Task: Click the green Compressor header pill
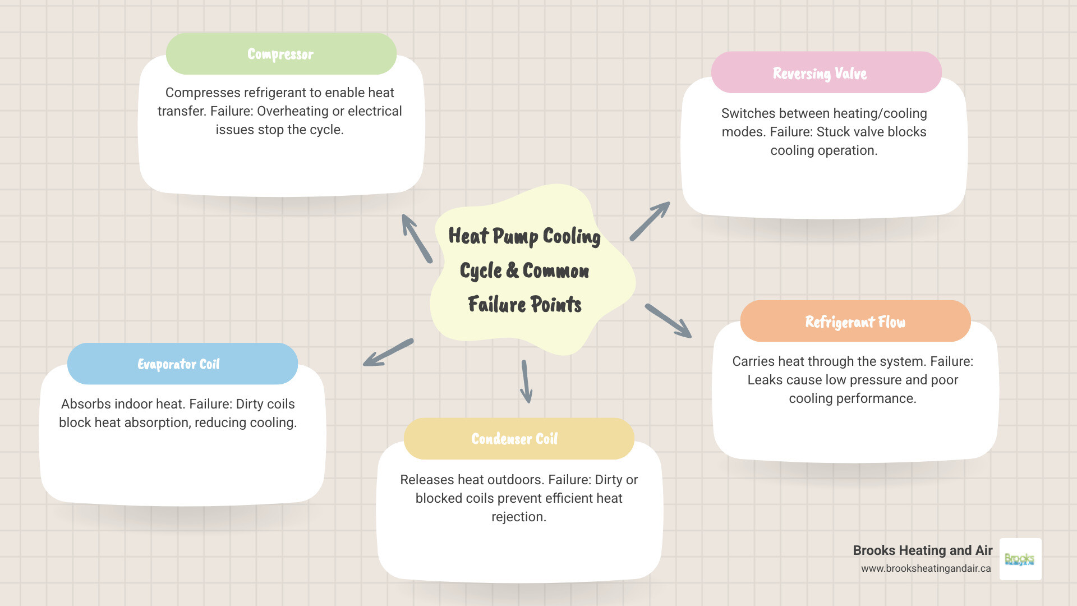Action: pyautogui.click(x=281, y=54)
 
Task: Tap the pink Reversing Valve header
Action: pyautogui.click(x=826, y=73)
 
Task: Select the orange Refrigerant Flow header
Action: pyautogui.click(x=855, y=322)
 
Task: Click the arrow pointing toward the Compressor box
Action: pyautogui.click(x=416, y=238)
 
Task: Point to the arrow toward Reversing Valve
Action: pyautogui.click(x=650, y=221)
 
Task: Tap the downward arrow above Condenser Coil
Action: pyautogui.click(x=526, y=382)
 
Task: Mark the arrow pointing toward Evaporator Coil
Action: pyautogui.click(x=388, y=353)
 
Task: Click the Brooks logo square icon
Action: pyautogui.click(x=1020, y=559)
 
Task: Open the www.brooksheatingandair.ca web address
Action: pyautogui.click(x=926, y=568)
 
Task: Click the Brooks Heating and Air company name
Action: pyautogui.click(x=922, y=550)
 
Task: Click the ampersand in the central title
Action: pyautogui.click(x=512, y=270)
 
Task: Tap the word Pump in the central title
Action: pyautogui.click(x=515, y=237)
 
